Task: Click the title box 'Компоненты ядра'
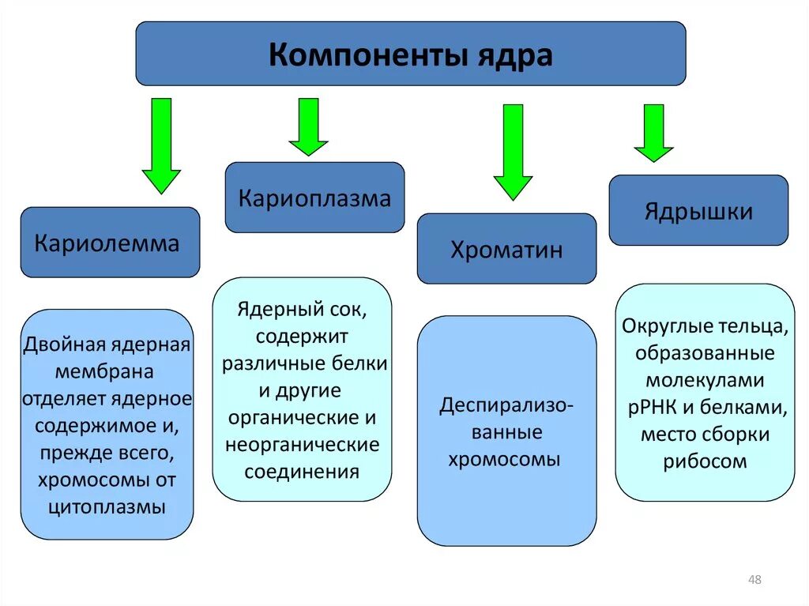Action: click(410, 54)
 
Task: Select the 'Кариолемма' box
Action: click(110, 243)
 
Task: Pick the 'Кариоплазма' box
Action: click(314, 198)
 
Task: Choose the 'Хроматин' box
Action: click(506, 249)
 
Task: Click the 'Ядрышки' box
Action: click(698, 211)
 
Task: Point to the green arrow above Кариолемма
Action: click(161, 145)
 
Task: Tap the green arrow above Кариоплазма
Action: click(308, 126)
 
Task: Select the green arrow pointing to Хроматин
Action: click(513, 152)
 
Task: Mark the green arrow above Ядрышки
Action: click(653, 133)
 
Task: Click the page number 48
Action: click(754, 581)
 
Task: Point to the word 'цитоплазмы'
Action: click(107, 507)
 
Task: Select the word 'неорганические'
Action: click(303, 445)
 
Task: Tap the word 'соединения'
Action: click(303, 472)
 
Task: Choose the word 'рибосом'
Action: click(706, 462)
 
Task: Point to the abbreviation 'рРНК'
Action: click(653, 408)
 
